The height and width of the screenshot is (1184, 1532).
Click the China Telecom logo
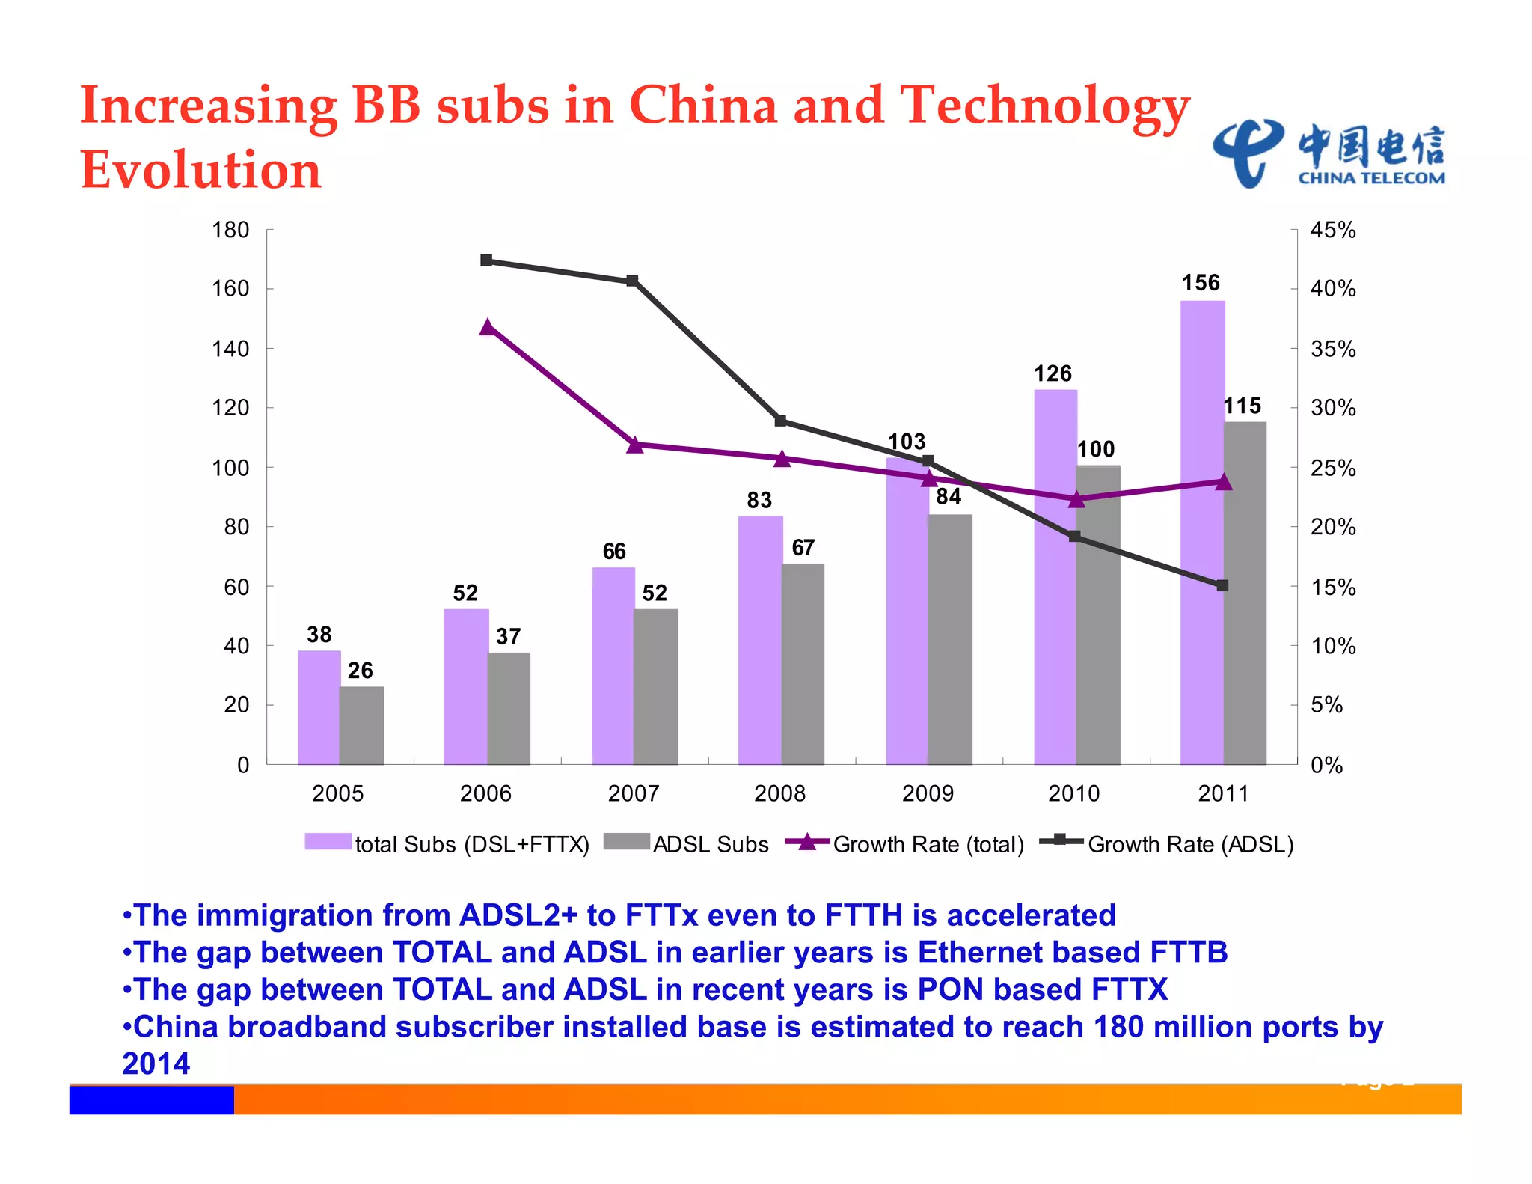(1329, 154)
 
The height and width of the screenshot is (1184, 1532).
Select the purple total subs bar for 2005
(319, 707)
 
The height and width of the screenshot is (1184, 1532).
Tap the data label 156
(1201, 283)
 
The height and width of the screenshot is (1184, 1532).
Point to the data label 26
(360, 671)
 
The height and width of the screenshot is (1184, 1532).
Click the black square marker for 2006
(486, 260)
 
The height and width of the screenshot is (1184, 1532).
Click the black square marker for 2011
(1222, 585)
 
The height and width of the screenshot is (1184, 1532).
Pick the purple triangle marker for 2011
(1223, 482)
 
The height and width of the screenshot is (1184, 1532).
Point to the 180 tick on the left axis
(230, 230)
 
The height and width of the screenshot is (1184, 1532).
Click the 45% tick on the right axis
(1333, 230)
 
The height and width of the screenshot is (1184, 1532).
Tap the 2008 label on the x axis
(779, 793)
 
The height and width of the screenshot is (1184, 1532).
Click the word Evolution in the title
(200, 170)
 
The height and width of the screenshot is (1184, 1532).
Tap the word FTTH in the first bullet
(863, 915)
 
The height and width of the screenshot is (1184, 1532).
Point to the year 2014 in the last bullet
(156, 1064)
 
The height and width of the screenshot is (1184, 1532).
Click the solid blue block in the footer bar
(151, 1100)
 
